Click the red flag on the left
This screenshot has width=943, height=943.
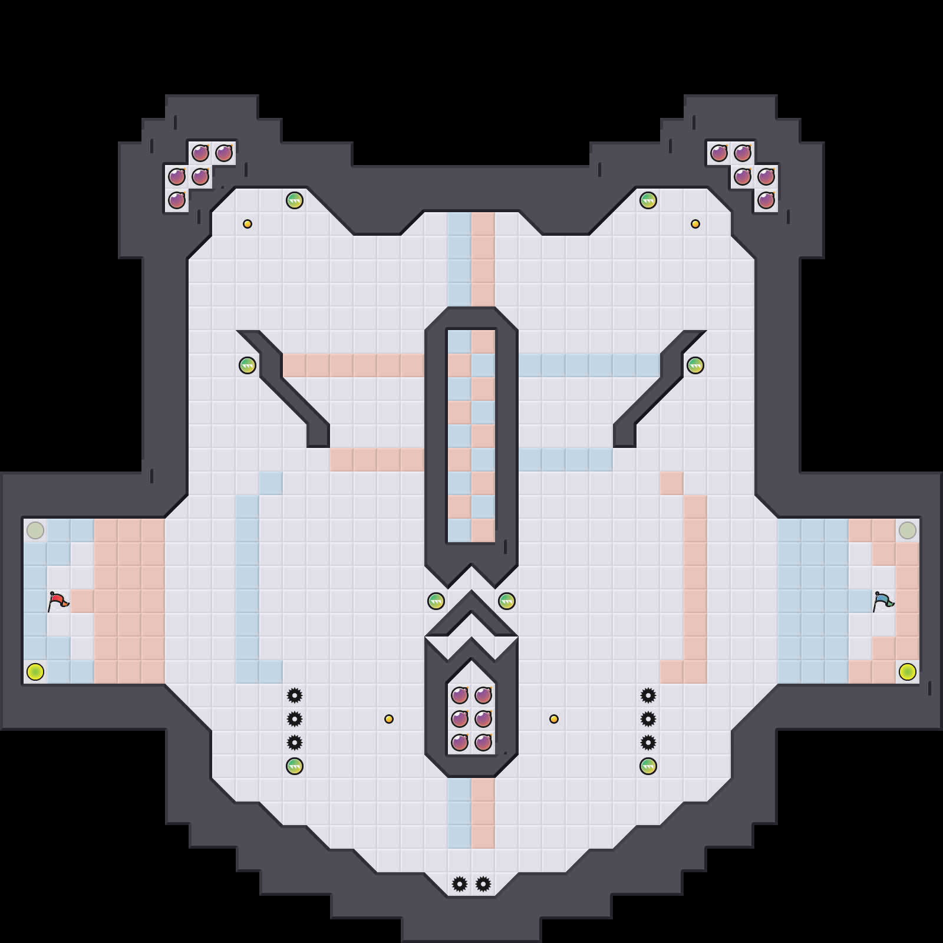click(58, 601)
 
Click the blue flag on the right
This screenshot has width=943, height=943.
click(883, 601)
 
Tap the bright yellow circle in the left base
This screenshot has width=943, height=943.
click(35, 672)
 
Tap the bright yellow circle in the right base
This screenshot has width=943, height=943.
click(908, 672)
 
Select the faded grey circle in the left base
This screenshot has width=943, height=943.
click(35, 530)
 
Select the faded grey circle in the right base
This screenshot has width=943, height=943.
click(908, 530)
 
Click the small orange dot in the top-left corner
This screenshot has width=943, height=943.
click(248, 224)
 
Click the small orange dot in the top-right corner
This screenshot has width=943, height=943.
click(695, 224)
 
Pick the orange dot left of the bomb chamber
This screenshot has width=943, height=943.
click(389, 719)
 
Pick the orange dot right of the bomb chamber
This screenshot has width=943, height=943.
click(554, 719)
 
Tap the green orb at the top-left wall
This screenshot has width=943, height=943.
click(295, 200)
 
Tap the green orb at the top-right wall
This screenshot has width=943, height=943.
click(648, 200)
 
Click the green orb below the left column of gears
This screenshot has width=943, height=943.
click(295, 766)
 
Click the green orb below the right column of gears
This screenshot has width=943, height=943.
click(648, 766)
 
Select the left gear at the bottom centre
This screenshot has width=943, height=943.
click(460, 884)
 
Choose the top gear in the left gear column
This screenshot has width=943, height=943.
click(295, 695)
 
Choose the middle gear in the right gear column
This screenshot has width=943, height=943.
click(648, 719)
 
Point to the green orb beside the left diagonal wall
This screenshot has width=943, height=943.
click(248, 365)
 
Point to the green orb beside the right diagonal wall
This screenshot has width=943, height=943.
click(695, 365)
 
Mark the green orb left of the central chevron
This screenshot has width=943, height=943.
click(436, 601)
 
